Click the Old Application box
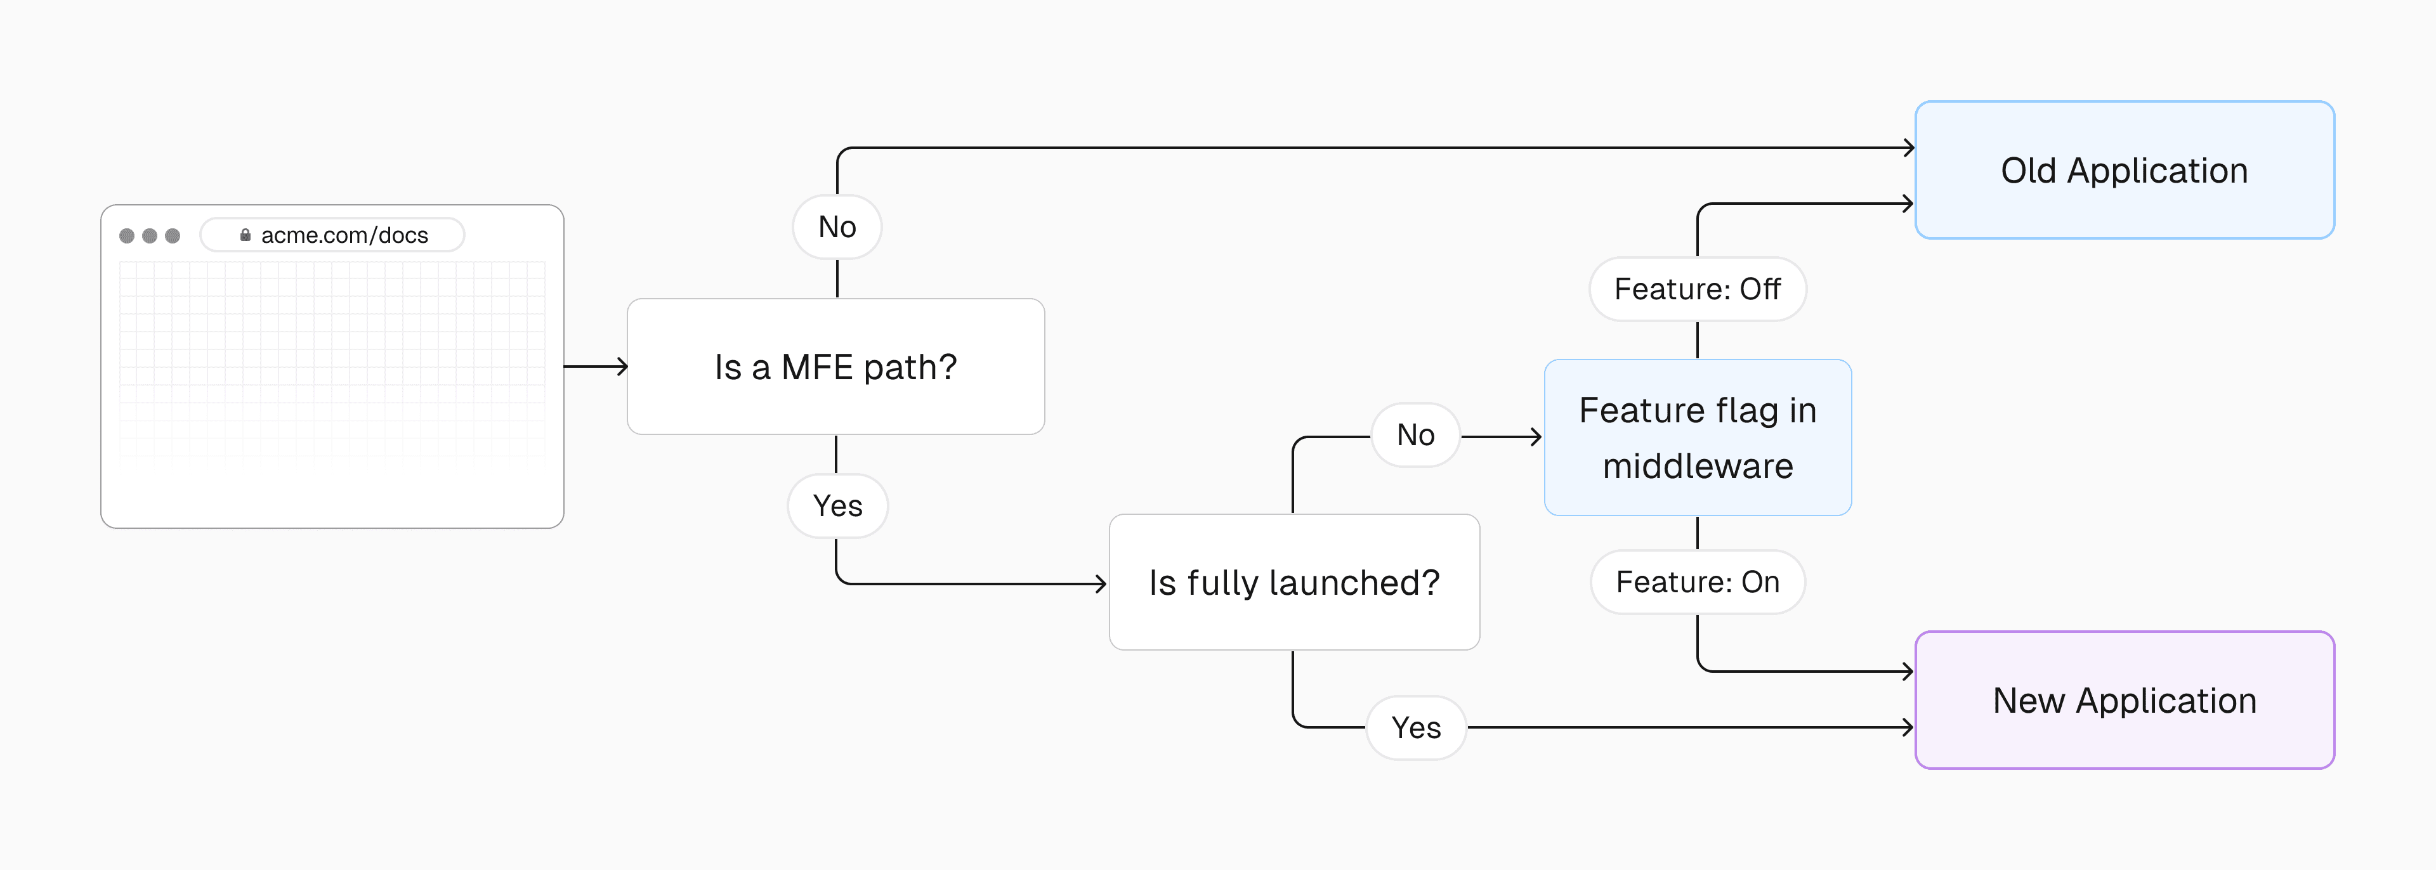coord(2124,170)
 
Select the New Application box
coord(2124,701)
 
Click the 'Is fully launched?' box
coord(1293,583)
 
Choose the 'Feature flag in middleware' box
coord(1698,438)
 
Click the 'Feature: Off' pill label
coord(1698,289)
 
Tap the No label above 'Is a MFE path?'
coord(837,227)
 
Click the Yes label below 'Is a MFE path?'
coord(837,506)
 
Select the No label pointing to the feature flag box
coord(1416,435)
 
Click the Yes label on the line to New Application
coord(1416,728)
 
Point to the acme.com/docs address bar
coord(333,235)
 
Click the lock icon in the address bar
coord(245,235)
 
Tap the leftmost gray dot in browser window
coord(127,235)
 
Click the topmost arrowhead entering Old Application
coord(1909,148)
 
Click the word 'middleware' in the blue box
coord(1698,466)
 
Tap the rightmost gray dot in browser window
coord(172,235)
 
